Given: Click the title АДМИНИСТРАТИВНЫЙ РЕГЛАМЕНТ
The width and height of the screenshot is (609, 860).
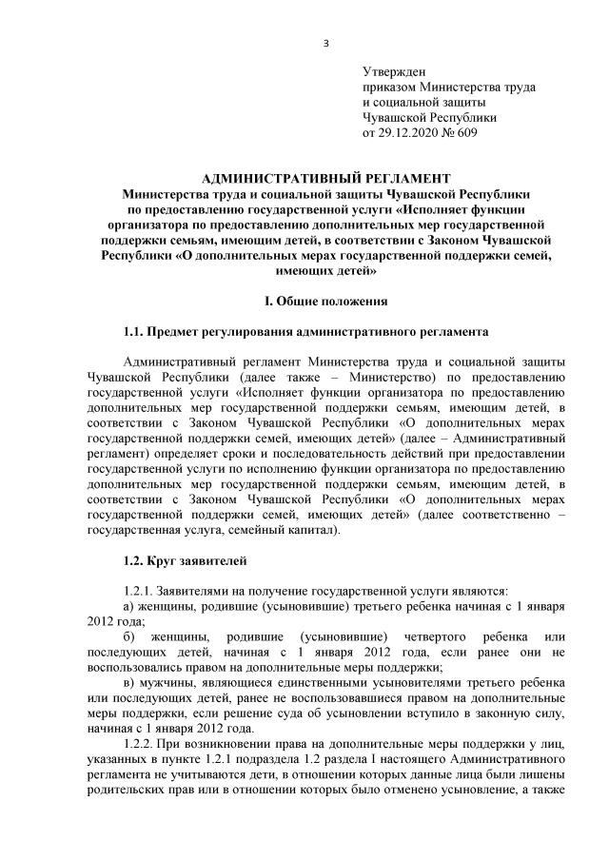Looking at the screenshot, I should (x=326, y=178).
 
